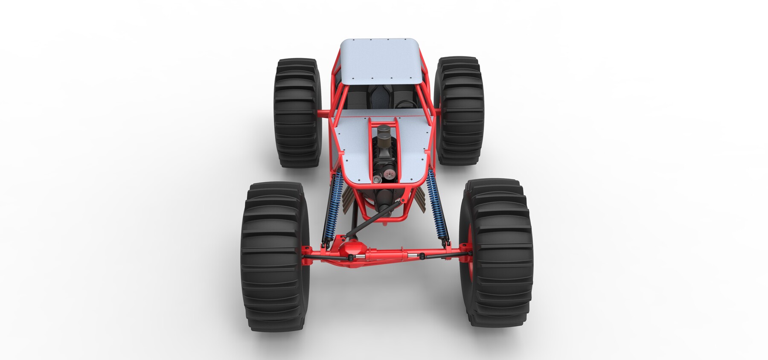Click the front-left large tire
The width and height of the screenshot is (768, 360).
pos(275,256)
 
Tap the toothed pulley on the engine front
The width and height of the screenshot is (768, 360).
pos(387,176)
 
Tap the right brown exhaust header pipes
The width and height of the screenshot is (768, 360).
pos(418,198)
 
